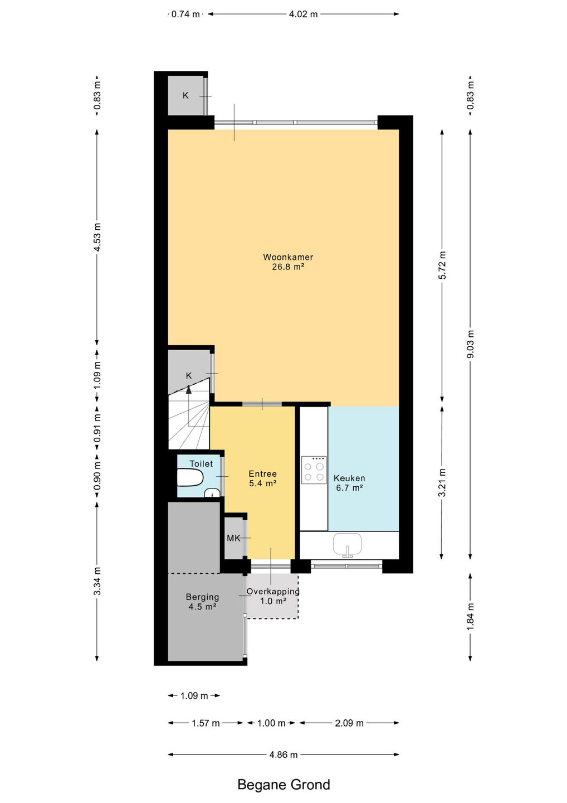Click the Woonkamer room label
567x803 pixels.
click(288, 257)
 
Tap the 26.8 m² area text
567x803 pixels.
click(288, 267)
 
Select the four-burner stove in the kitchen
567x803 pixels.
click(314, 470)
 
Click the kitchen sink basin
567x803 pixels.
click(347, 544)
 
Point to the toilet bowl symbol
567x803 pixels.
click(190, 478)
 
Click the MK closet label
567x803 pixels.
click(233, 538)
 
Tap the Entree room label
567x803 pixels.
click(263, 473)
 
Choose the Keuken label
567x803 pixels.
click(349, 478)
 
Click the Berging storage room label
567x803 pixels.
click(202, 597)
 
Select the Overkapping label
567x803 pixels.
click(273, 591)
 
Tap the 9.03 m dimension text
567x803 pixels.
click(470, 344)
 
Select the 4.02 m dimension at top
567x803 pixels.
click(303, 14)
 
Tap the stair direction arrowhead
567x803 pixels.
click(189, 389)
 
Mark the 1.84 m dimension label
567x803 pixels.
click(470, 617)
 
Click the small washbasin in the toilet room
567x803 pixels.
click(212, 493)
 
